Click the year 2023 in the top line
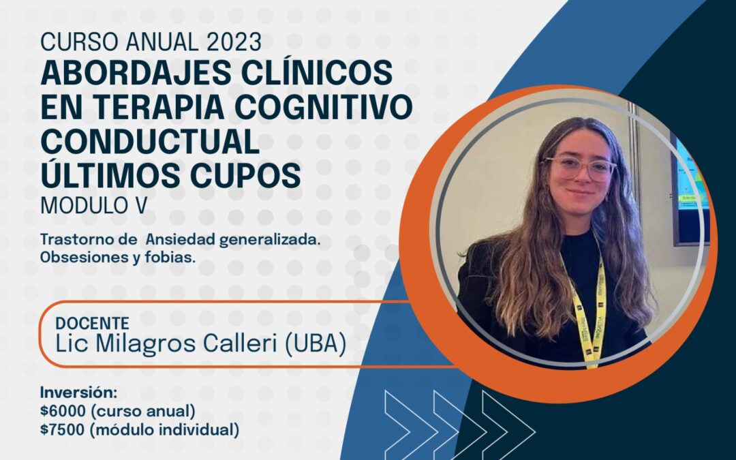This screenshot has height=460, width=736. [234, 42]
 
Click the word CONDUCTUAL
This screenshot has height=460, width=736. [150, 141]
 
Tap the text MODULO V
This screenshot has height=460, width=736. [94, 205]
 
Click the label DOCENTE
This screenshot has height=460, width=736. [92, 324]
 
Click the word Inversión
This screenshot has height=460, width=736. [78, 392]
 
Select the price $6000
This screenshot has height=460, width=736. [63, 411]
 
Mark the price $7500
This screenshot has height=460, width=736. [63, 429]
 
